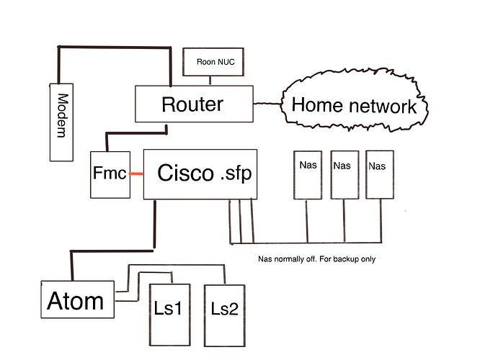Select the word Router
(192, 104)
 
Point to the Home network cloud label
(354, 107)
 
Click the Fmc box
(108, 174)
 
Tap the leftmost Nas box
(306, 175)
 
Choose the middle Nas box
(342, 175)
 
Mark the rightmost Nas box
(378, 175)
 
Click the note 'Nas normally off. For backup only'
(316, 259)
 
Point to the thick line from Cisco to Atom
(154, 223)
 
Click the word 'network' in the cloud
(383, 107)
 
